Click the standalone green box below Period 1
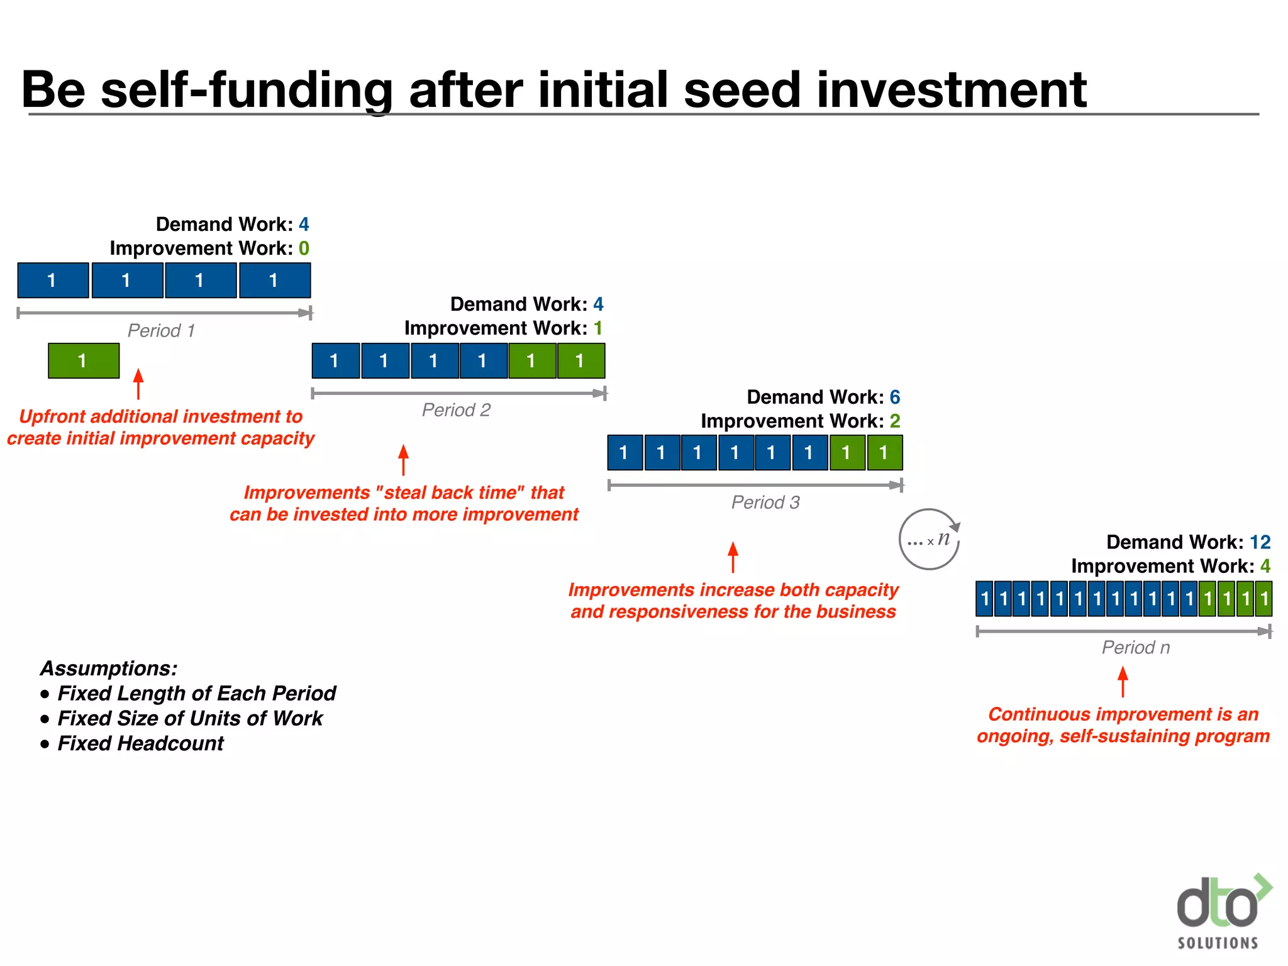84,360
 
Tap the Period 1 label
161,331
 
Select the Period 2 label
456,410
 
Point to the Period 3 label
765,502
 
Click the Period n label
1136,648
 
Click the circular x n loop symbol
930,540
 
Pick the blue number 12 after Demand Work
1260,542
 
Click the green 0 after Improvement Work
304,248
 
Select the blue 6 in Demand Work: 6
894,397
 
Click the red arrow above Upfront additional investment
138,384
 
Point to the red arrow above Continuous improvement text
1123,682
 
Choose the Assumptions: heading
109,668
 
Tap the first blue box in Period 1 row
53,280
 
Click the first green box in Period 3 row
847,453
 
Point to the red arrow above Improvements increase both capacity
733,557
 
